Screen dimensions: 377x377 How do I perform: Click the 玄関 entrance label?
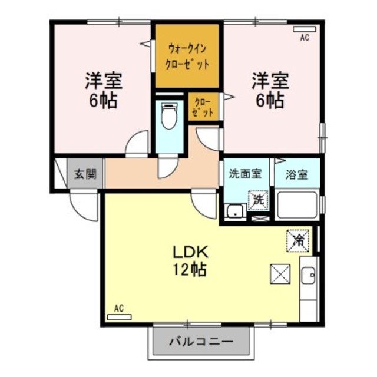(81, 174)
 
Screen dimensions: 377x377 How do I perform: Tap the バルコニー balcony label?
(200, 341)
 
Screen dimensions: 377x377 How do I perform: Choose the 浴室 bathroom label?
(297, 174)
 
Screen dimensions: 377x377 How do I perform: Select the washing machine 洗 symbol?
(257, 200)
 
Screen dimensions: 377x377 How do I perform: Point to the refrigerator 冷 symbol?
(297, 239)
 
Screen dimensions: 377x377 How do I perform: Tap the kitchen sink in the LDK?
(308, 275)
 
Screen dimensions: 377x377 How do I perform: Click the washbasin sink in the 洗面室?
(236, 211)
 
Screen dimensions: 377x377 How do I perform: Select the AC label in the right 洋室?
(305, 38)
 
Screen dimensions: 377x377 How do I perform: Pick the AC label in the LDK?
(119, 308)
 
